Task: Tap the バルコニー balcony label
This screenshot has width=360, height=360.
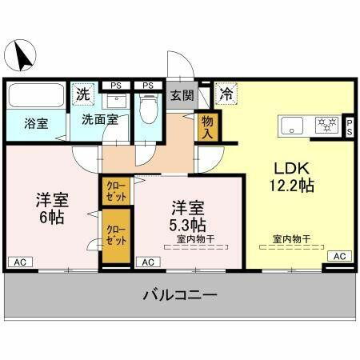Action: tap(180, 295)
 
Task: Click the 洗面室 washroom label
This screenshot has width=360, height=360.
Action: tap(99, 120)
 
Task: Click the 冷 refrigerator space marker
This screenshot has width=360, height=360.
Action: tap(227, 93)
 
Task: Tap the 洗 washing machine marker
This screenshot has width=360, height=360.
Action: tap(82, 93)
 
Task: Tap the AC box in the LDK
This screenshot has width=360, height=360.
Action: tap(338, 255)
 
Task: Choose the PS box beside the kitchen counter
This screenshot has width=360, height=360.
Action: tap(350, 127)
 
